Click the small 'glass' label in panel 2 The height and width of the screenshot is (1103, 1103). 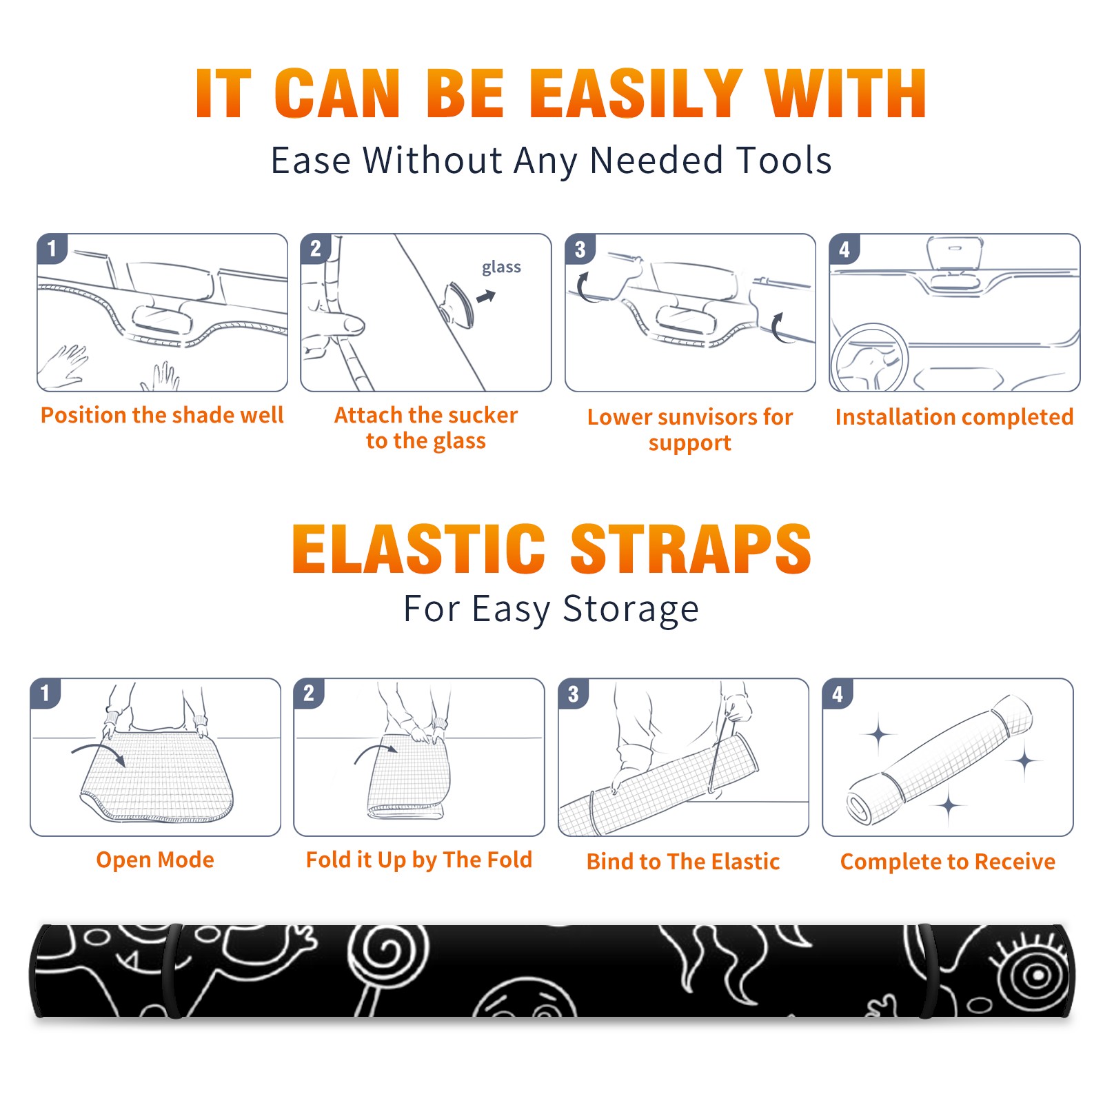point(501,267)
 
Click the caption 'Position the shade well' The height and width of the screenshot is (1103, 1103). point(162,415)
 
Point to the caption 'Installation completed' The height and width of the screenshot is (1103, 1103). point(954,417)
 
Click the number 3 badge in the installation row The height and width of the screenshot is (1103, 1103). point(580,249)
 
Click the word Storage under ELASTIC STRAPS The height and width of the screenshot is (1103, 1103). point(631,609)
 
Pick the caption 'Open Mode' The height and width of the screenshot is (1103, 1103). point(155,860)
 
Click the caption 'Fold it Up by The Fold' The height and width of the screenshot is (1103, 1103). point(419,860)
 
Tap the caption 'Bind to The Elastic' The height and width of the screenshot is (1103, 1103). point(683,861)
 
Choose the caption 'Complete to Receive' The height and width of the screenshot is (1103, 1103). point(948,861)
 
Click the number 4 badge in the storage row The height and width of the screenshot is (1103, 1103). point(838,694)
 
